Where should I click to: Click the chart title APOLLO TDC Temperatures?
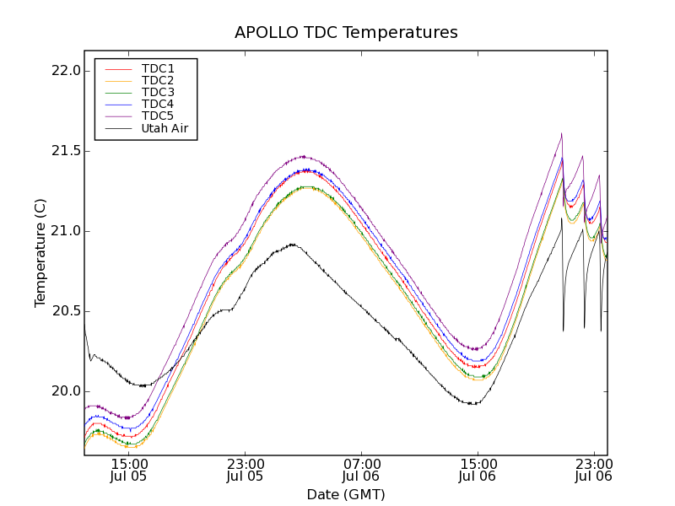(x=346, y=33)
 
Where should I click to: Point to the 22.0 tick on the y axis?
(x=66, y=71)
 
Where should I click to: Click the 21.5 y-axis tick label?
(x=66, y=151)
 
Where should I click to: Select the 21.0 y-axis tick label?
(x=66, y=231)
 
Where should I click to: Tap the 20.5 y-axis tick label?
(x=66, y=311)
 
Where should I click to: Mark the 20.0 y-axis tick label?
(x=66, y=391)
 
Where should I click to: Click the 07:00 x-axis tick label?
(x=361, y=463)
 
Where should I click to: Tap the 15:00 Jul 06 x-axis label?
(x=478, y=470)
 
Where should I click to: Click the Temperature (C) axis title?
(x=40, y=253)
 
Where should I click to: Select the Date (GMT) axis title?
(x=346, y=494)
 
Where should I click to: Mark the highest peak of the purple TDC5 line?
(x=561, y=133)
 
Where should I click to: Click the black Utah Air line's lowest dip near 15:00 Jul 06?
(x=474, y=404)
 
